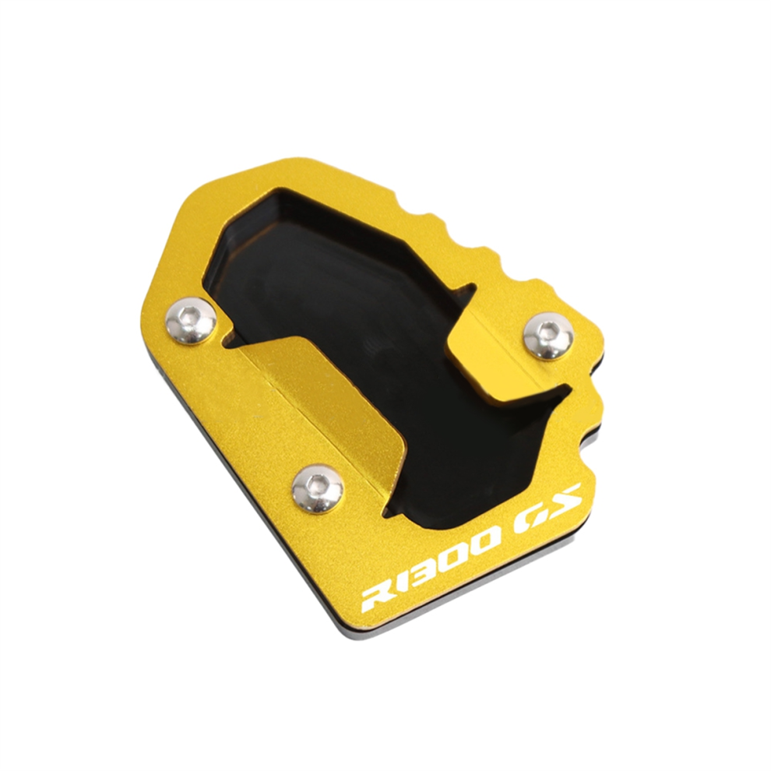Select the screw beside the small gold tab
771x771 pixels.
click(548, 335)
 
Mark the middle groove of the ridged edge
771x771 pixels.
click(452, 225)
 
